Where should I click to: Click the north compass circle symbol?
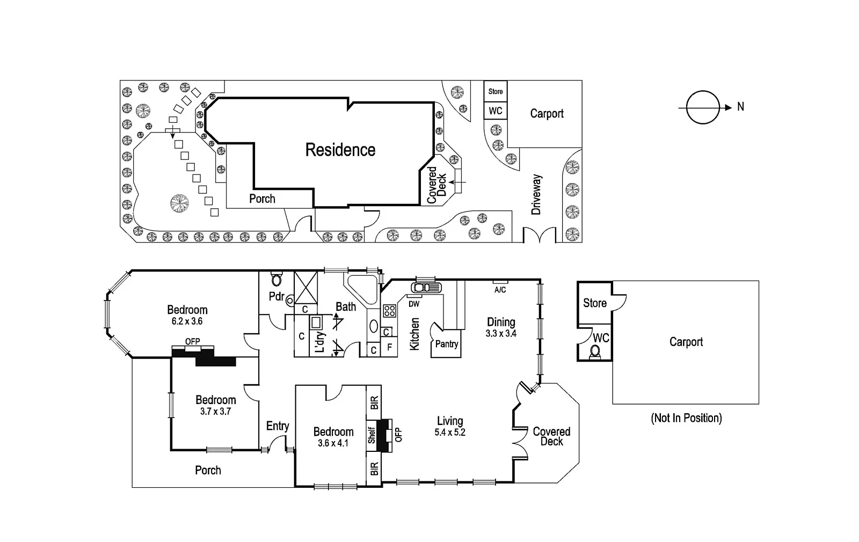coord(703,107)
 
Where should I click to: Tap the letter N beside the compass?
coord(741,107)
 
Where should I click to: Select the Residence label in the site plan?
coord(340,150)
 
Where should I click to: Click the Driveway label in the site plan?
coord(536,194)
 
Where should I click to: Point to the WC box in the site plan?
coord(495,111)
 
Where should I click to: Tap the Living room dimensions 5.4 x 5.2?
coord(450,433)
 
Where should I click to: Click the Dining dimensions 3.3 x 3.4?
coord(501,333)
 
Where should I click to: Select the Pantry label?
coord(447,345)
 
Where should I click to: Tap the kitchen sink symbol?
coord(427,288)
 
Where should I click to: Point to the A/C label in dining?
coord(500,290)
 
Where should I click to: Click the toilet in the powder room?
coord(277,279)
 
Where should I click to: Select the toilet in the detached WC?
coord(595,351)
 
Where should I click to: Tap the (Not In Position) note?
coord(686,418)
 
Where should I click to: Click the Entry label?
coord(278,426)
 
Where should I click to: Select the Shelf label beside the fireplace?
coord(372,435)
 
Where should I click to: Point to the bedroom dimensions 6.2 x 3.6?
coord(187,321)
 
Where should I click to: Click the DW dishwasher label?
coord(414,304)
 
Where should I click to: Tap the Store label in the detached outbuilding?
coord(595,303)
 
